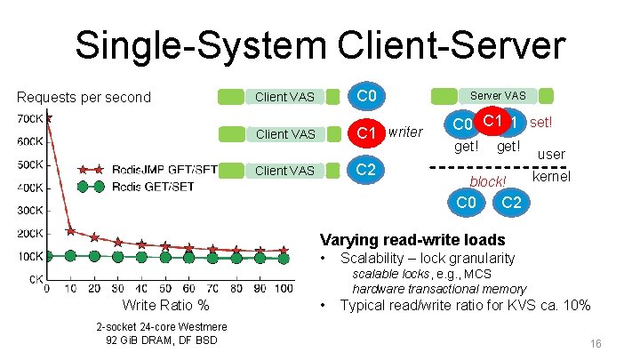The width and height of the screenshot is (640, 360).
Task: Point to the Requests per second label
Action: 84,97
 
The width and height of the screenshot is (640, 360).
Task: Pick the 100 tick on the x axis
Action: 284,289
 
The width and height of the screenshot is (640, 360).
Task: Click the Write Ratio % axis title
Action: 165,306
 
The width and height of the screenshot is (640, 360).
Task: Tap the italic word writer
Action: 405,132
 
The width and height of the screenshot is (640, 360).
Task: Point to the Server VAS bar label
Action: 497,95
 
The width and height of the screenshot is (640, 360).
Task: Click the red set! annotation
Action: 541,121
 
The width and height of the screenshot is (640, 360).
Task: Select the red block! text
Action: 488,181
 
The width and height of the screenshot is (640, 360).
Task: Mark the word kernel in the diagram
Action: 550,177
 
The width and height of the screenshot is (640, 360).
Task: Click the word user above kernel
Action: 551,155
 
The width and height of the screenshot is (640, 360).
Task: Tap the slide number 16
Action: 596,343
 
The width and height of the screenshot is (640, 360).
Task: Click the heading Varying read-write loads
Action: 412,240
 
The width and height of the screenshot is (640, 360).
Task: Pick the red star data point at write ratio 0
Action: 47,116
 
